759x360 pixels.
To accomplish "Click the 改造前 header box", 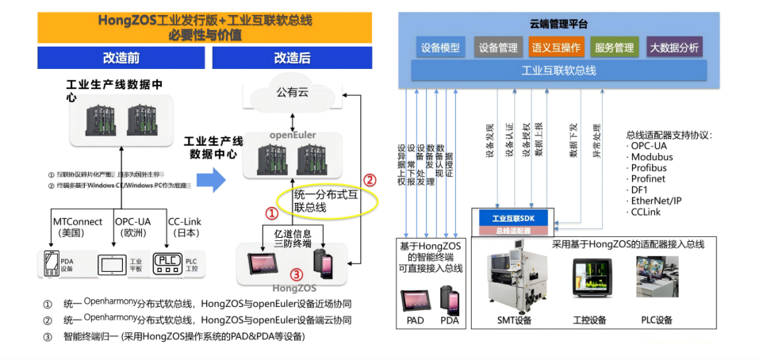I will click(x=121, y=58).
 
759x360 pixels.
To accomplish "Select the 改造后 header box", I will click(x=292, y=58).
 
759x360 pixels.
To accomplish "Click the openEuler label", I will click(x=293, y=135).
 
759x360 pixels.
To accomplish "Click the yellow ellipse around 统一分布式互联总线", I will click(x=325, y=201).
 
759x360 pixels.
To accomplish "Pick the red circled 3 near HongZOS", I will click(x=296, y=274).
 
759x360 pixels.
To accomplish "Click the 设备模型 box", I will click(x=440, y=48).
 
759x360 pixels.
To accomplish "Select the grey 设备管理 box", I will click(x=497, y=48).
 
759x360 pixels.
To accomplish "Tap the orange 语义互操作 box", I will click(x=556, y=48).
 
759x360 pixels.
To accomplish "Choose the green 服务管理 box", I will click(x=614, y=48).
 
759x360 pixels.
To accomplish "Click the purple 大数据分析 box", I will click(x=674, y=48).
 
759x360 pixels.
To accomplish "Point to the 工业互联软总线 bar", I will click(x=558, y=71).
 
